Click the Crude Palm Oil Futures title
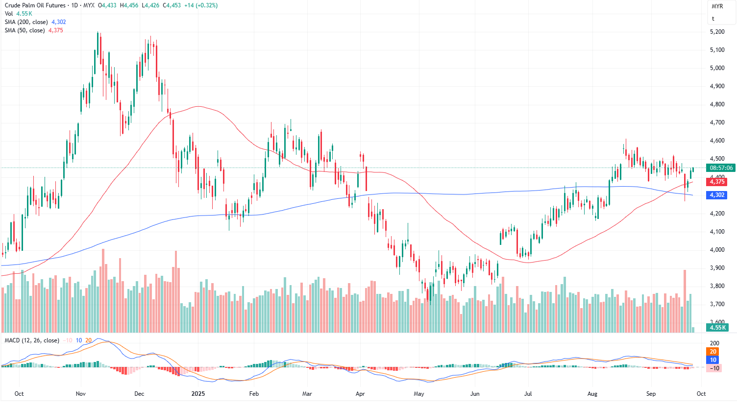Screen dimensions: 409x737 pos(35,5)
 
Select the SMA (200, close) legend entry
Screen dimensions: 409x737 pos(26,22)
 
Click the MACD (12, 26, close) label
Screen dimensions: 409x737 pos(31,340)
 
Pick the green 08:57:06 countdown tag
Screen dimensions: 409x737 pos(721,168)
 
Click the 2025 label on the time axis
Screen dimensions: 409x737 pos(198,394)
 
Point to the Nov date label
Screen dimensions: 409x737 pos(81,394)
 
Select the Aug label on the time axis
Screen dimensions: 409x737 pos(592,394)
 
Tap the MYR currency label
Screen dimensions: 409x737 pos(717,6)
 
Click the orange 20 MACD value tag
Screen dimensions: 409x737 pos(713,352)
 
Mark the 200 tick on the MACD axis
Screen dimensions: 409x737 pos(714,343)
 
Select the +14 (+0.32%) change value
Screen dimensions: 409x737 pos(201,5)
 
